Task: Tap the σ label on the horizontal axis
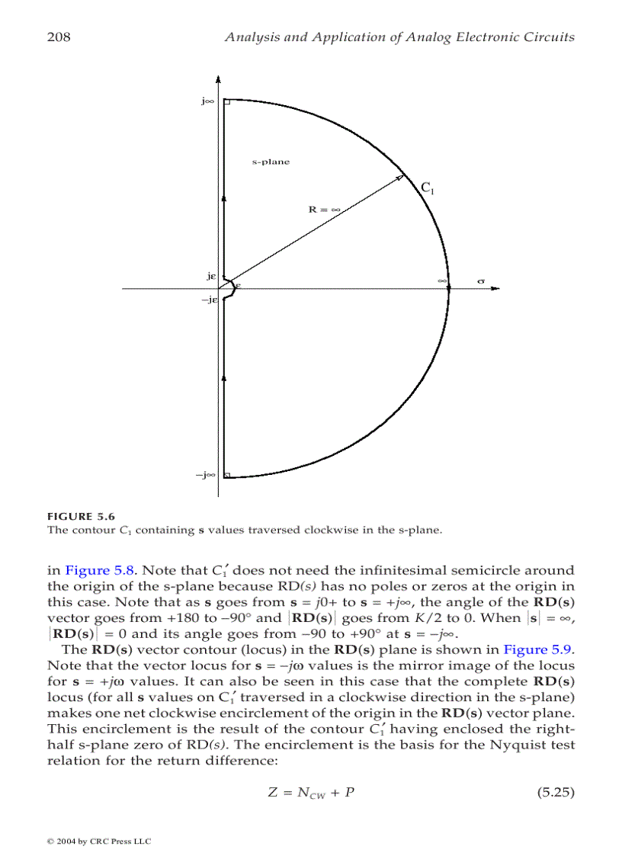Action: [481, 281]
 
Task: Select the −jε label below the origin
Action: [210, 300]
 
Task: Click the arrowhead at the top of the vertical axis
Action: [219, 79]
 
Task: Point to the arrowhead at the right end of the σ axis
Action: [495, 289]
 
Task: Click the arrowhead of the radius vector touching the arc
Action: [399, 178]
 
